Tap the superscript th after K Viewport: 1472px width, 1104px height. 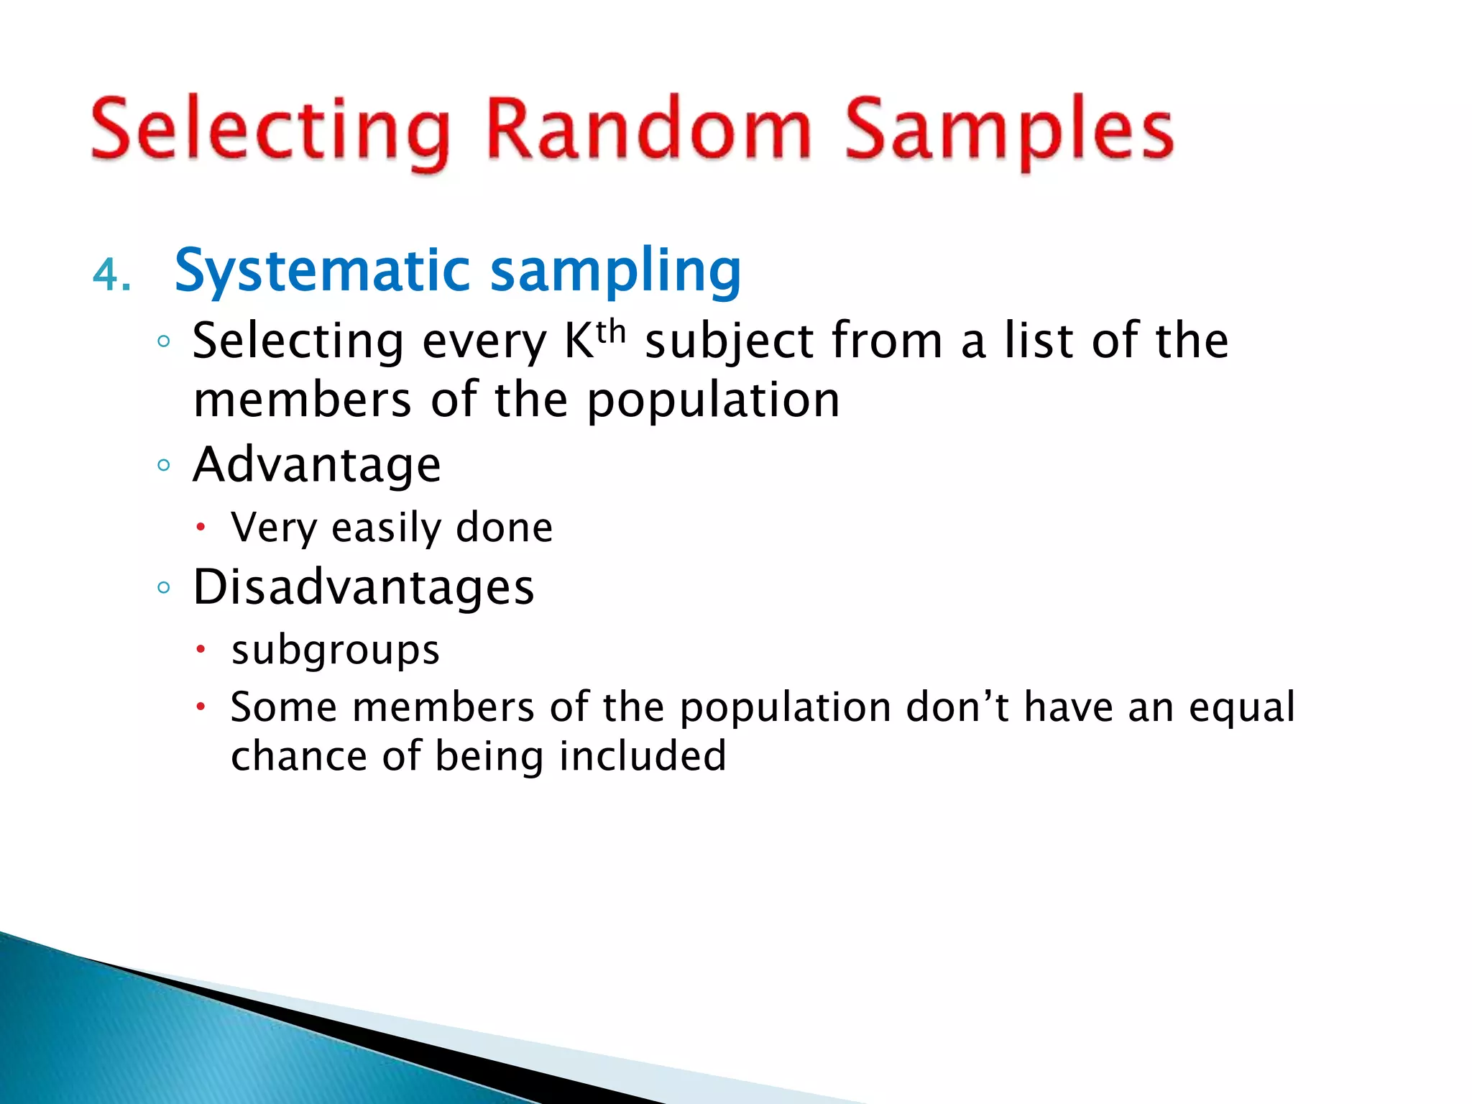coord(611,333)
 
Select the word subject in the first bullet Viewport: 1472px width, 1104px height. coord(729,341)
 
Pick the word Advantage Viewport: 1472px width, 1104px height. coord(317,465)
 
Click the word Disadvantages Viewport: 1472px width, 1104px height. coord(364,587)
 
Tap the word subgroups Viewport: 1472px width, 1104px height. coord(335,650)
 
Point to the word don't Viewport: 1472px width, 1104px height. coord(957,707)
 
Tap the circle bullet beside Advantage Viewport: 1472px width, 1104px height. coord(164,465)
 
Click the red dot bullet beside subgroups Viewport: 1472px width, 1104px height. coord(201,650)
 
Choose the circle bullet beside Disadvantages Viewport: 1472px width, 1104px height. coord(164,587)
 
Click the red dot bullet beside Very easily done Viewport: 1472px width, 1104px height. coord(201,528)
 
